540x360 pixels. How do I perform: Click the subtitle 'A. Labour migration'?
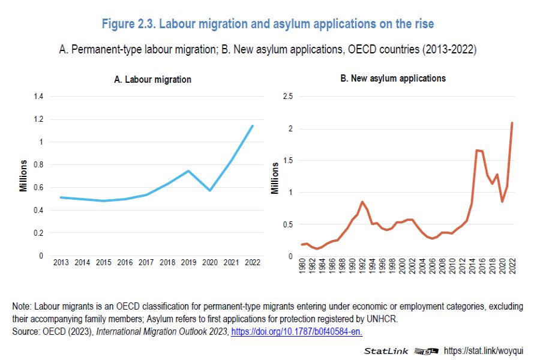152,79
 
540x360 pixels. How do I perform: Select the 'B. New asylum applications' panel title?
393,79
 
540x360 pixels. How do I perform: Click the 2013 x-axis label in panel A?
61,263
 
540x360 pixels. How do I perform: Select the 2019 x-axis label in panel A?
188,263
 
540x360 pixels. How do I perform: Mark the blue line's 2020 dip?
210,190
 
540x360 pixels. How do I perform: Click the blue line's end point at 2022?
253,125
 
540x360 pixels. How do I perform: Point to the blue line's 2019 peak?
188,171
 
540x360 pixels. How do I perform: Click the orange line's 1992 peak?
362,202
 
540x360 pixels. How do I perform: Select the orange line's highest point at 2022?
512,123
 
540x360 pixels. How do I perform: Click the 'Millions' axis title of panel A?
23,176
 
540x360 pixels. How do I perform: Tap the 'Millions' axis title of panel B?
275,178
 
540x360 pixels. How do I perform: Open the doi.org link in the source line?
296,331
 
